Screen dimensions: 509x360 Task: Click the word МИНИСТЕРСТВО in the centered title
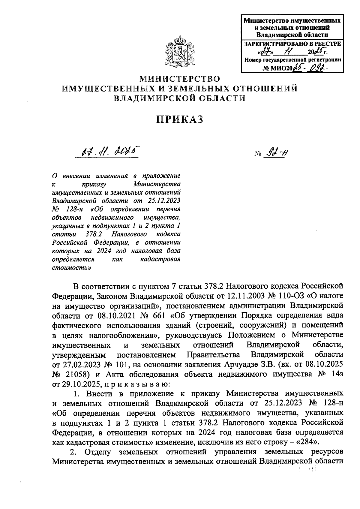click(180, 79)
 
